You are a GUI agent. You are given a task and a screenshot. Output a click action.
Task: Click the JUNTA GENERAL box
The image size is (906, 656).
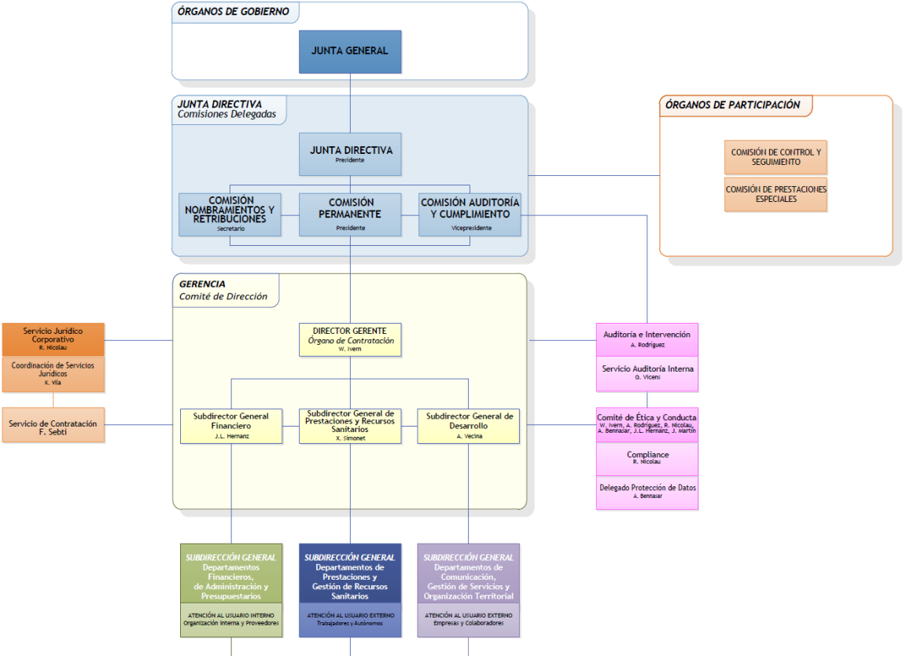coord(350,51)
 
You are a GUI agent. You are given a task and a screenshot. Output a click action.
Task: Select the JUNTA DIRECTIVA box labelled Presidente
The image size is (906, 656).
coord(350,154)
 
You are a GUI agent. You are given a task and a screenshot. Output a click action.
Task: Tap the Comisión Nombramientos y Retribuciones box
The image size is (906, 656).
coord(230,214)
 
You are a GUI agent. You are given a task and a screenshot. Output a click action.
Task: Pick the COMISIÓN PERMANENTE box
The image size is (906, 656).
coord(350,214)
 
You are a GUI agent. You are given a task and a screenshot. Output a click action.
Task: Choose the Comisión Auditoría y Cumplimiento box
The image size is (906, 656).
coord(470,214)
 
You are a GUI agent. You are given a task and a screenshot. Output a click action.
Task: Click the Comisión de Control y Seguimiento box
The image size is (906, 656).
coord(775,157)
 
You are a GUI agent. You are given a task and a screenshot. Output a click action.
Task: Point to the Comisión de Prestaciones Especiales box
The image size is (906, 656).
coord(775,194)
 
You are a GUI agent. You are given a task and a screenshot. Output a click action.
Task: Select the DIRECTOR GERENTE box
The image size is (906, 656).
coord(350,339)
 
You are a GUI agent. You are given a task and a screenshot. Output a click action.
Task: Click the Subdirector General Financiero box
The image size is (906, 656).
coord(231,425)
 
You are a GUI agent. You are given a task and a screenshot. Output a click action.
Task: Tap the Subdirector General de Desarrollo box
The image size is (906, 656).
coord(469,425)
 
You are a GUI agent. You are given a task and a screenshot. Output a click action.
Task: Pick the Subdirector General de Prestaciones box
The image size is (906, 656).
coord(350,425)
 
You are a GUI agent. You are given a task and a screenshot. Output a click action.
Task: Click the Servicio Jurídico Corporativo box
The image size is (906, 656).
coord(53,339)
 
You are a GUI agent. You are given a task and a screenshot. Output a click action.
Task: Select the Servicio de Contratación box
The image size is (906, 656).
coord(53,425)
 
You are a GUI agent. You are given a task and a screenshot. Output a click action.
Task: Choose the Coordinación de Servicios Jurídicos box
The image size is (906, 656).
coord(53,375)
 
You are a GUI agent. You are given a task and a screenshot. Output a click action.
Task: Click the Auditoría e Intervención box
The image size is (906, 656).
coord(646,339)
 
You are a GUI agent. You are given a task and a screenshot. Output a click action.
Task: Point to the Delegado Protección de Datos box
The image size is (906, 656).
coord(646,492)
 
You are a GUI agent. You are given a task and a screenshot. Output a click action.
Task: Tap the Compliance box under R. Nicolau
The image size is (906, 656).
coord(646,458)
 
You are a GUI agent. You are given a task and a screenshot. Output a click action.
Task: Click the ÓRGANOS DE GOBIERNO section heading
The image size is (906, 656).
coord(233,12)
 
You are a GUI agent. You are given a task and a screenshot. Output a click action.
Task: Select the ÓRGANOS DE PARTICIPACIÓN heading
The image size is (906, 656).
coord(732,105)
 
